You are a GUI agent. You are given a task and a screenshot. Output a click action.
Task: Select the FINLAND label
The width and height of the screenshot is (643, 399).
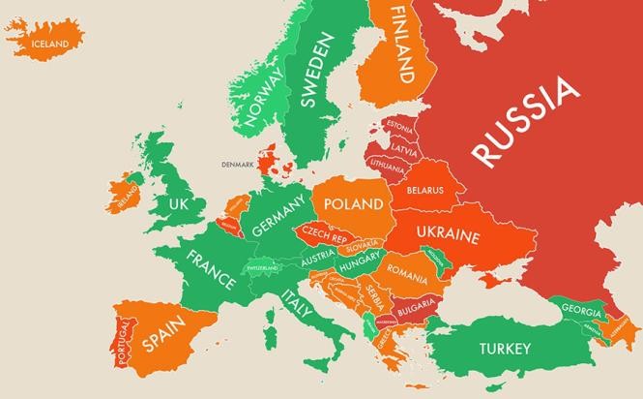click(x=402, y=44)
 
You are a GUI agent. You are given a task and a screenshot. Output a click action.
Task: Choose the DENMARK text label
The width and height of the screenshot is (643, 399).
click(x=237, y=164)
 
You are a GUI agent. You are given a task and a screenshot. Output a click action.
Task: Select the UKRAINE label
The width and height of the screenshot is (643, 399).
click(x=448, y=235)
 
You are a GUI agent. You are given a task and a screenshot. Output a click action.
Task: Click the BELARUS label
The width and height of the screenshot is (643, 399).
click(x=424, y=190)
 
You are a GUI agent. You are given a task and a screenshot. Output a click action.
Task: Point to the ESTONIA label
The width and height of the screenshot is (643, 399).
click(x=398, y=126)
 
